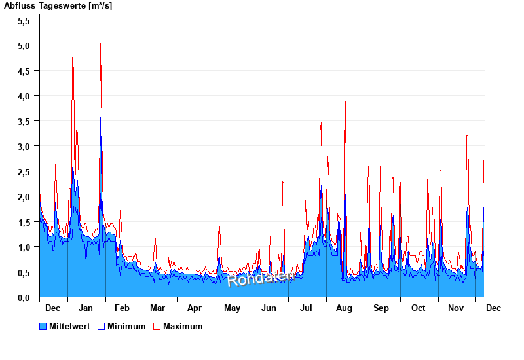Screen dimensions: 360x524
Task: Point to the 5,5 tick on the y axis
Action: [24, 20]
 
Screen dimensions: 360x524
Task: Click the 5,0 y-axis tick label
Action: [24, 46]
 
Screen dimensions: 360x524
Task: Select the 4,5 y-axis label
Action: [24, 71]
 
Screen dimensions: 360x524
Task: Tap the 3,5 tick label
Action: [24, 121]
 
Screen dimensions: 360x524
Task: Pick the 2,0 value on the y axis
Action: [24, 196]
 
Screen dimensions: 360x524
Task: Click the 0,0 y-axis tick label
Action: [24, 297]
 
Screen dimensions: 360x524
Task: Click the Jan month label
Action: [85, 308]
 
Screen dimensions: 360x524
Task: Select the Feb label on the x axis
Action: [122, 308]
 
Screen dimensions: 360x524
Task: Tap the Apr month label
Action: [195, 308]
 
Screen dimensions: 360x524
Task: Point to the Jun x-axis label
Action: [269, 308]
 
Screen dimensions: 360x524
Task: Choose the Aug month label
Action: [344, 308]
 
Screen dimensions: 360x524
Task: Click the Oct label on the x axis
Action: [418, 308]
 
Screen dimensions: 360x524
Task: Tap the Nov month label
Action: [455, 308]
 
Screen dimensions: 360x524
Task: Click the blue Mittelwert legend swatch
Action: [43, 326]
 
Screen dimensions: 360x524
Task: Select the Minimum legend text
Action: [126, 326]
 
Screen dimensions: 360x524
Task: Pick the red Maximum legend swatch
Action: [157, 326]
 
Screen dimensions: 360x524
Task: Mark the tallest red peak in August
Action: [345, 81]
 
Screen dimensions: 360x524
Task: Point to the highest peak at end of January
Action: [100, 43]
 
